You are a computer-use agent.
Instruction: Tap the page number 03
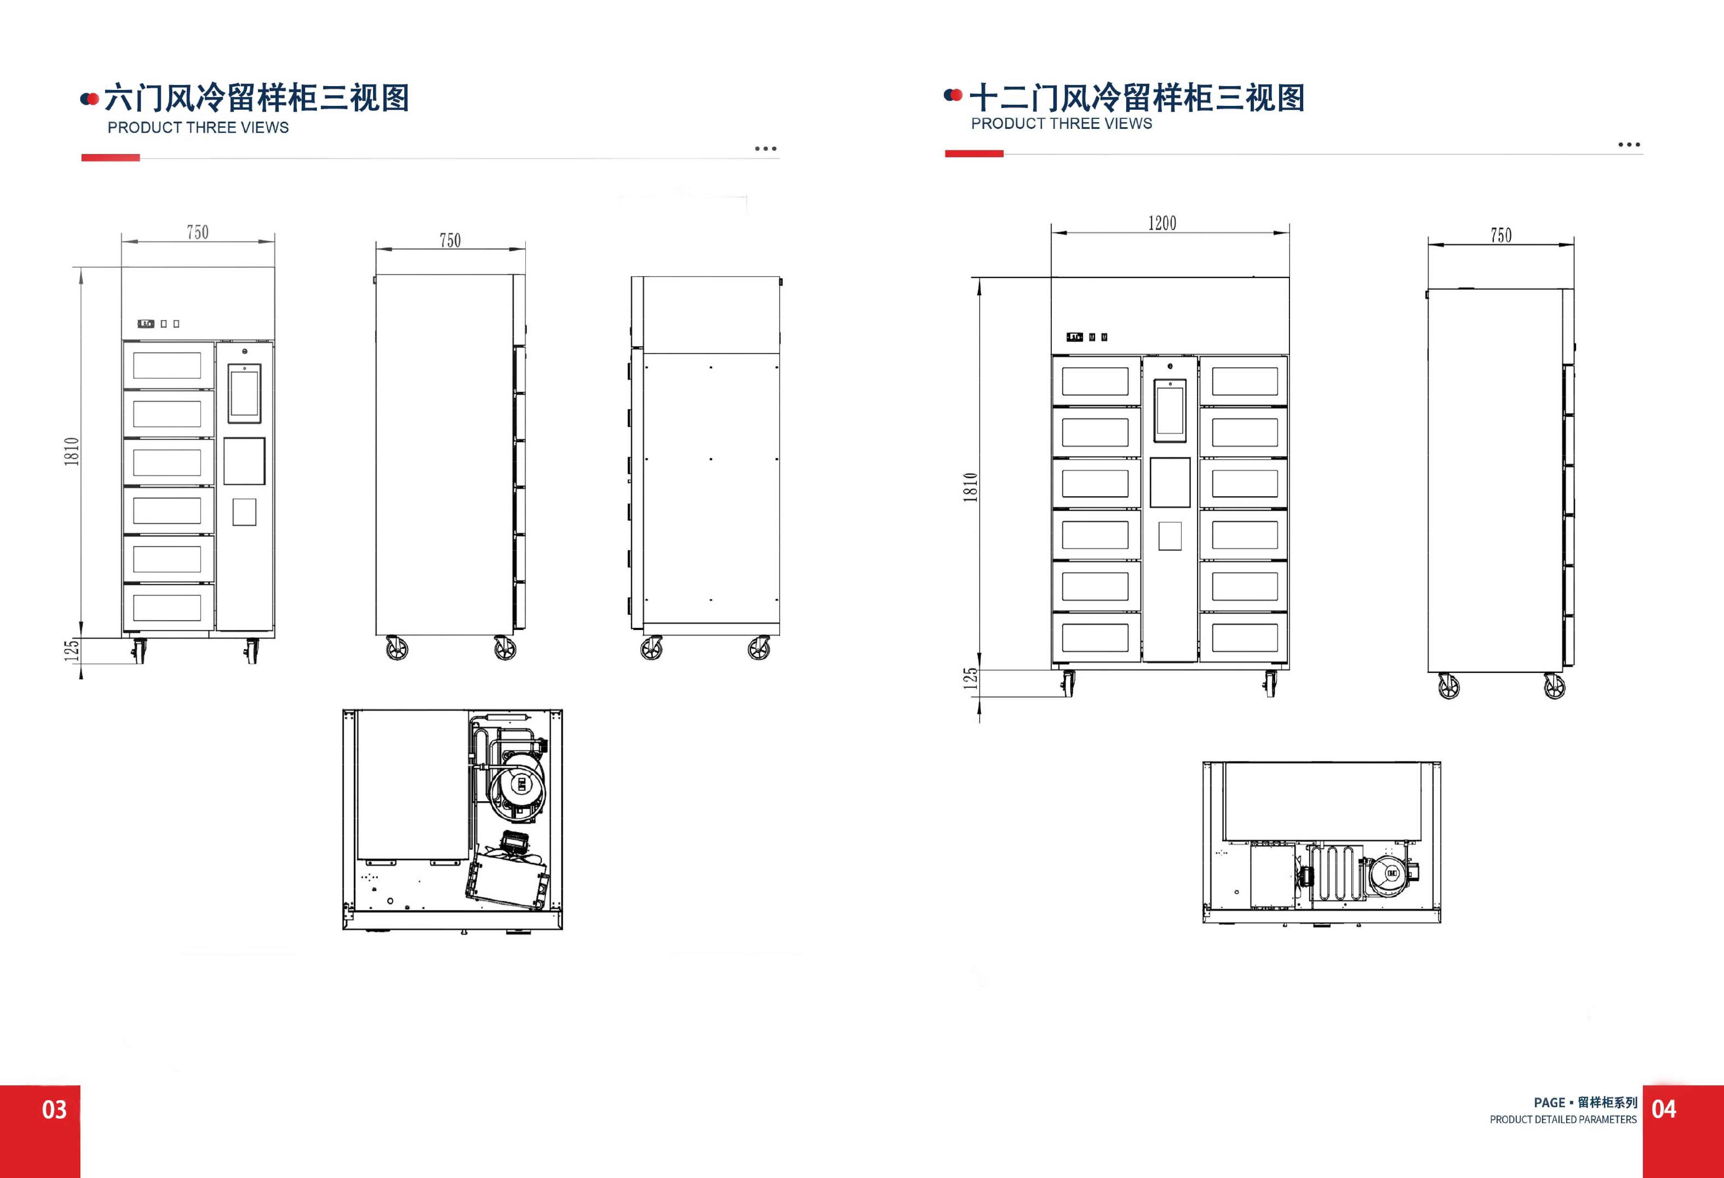[54, 1110]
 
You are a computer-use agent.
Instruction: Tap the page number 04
[1664, 1110]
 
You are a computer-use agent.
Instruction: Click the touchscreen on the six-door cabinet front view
[244, 393]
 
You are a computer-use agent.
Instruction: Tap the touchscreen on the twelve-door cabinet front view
[1170, 408]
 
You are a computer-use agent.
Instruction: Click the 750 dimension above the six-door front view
[197, 232]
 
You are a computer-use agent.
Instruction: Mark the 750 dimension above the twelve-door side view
[1501, 235]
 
